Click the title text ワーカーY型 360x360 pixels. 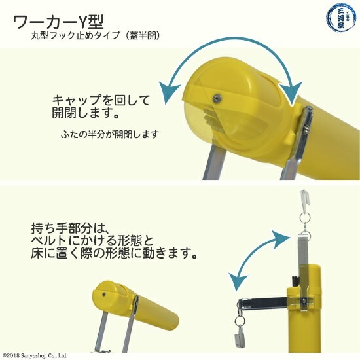tap(59, 22)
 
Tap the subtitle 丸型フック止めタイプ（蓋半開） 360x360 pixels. tap(96, 35)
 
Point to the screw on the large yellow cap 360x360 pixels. tap(217, 98)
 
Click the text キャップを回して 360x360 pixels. tap(101, 100)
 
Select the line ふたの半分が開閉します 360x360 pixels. tap(110, 134)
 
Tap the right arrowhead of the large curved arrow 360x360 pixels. tap(291, 93)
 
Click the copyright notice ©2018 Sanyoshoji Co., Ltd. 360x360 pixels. tap(35, 355)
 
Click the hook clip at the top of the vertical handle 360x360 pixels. tap(305, 197)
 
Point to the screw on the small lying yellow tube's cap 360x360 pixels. tap(104, 294)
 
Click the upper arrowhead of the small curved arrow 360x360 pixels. tap(280, 240)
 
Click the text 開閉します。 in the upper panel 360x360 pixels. tap(85, 113)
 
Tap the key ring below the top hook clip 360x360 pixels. tap(305, 216)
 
